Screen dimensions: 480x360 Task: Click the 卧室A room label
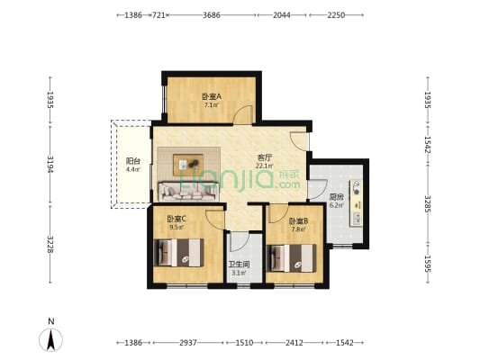(x=212, y=97)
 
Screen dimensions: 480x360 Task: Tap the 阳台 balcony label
(x=133, y=161)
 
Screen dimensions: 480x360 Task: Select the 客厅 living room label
(x=265, y=157)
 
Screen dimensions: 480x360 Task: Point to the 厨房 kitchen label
(x=336, y=197)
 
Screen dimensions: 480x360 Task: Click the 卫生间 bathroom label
(x=239, y=265)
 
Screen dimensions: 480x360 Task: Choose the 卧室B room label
(x=298, y=220)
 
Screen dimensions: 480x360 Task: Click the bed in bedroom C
(x=178, y=253)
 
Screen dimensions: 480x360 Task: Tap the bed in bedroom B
(x=292, y=258)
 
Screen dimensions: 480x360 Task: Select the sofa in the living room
(x=188, y=192)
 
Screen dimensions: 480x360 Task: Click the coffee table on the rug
(x=188, y=165)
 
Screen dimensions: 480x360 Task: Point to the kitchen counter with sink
(x=357, y=202)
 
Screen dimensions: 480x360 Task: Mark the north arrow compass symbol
(x=50, y=339)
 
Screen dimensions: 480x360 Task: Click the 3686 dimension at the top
(x=212, y=15)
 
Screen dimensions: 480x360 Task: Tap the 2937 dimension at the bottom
(x=188, y=343)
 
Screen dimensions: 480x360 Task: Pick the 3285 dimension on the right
(x=428, y=204)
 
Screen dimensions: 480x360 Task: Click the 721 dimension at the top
(x=158, y=15)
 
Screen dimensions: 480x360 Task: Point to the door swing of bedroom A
(x=242, y=114)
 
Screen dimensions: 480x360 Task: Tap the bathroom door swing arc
(x=239, y=241)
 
